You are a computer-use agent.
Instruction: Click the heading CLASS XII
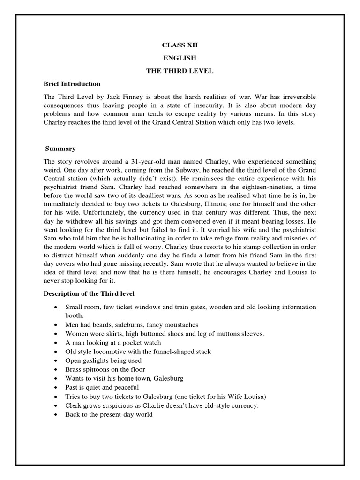click(x=177, y=45)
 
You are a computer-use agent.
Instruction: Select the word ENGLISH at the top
click(x=177, y=58)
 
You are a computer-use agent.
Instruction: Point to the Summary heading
click(x=60, y=149)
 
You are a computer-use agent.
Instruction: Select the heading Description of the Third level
click(x=89, y=293)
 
